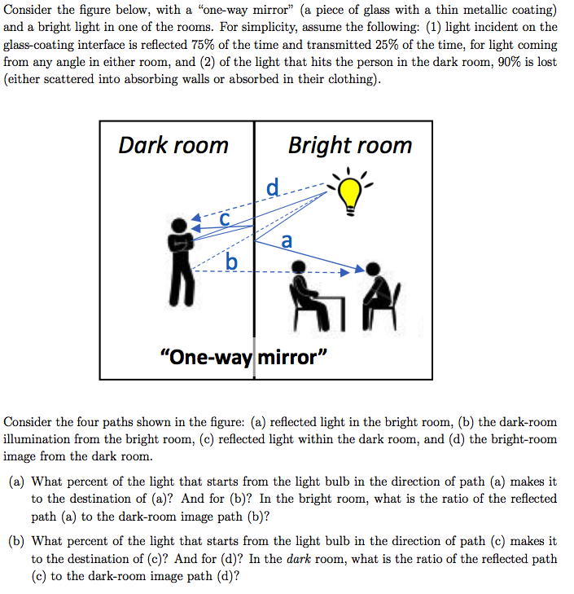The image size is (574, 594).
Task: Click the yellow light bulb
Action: click(350, 193)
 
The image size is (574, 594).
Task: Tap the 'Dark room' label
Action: click(173, 146)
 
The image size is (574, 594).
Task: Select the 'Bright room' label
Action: click(349, 146)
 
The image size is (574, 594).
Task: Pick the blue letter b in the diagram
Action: click(232, 261)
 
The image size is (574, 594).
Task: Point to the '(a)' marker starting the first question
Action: click(17, 482)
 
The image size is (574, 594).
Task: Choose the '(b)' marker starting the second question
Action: click(17, 541)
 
